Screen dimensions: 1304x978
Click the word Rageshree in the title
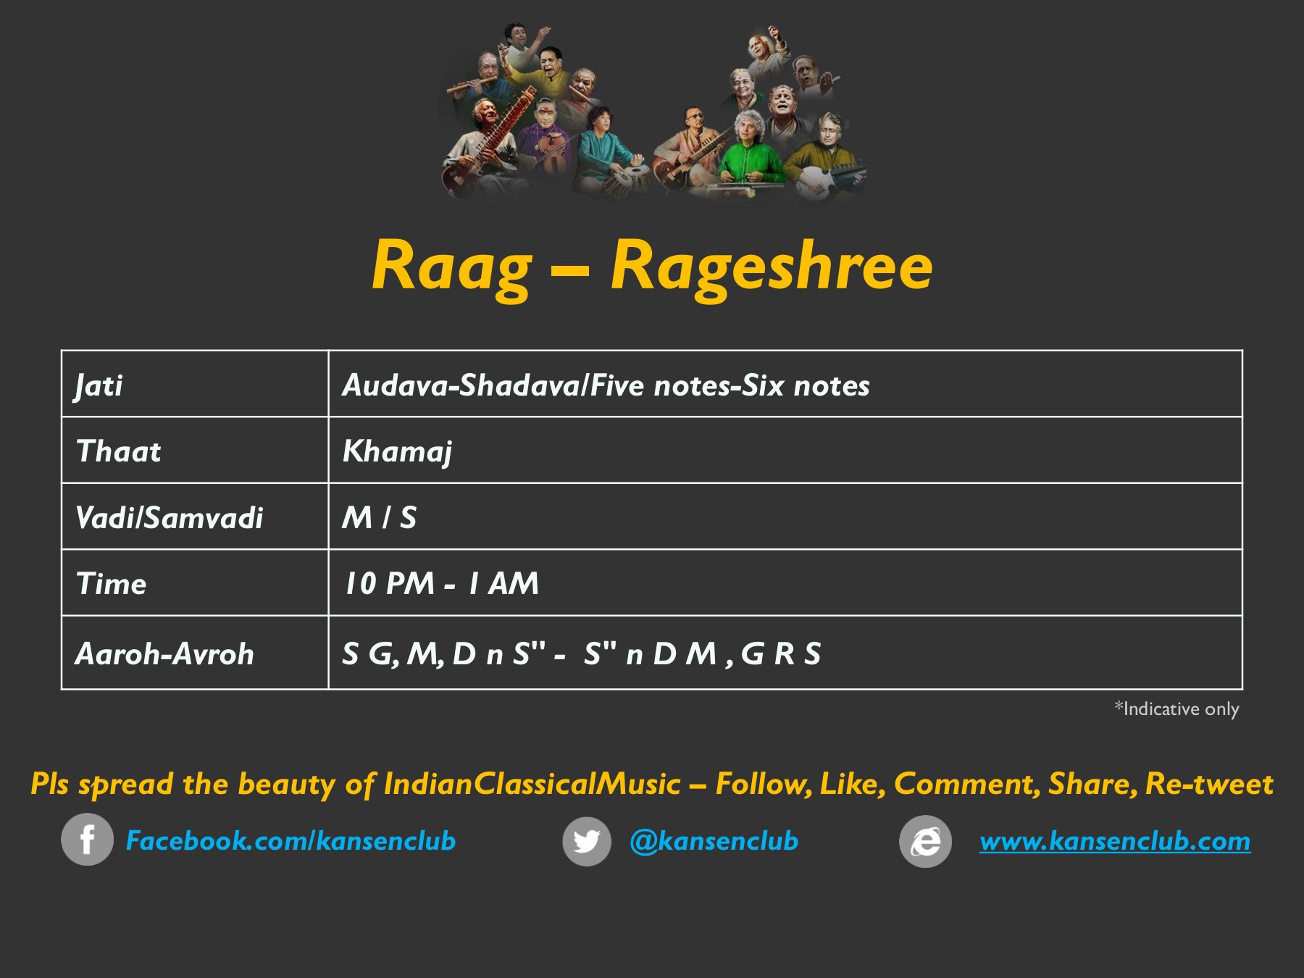[x=772, y=267]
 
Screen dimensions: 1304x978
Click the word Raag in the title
[x=452, y=267]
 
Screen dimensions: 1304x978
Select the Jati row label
[x=99, y=385]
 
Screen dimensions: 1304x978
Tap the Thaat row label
[x=119, y=451]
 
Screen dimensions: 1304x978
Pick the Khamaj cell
[x=398, y=452]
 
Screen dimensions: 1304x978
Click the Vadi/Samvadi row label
[x=170, y=518]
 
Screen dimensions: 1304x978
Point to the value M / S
[x=380, y=518]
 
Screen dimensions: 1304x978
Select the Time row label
[x=112, y=584]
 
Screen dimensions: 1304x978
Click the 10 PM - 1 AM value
[x=441, y=584]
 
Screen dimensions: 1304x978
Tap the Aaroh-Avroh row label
[x=165, y=654]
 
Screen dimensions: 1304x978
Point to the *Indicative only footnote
[x=1176, y=709]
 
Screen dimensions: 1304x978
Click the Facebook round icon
[x=87, y=840]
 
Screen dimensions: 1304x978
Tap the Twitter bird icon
[x=587, y=841]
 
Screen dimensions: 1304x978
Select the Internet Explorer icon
[x=925, y=841]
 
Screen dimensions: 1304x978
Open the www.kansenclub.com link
[x=1115, y=841]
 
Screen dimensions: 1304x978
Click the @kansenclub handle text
[x=714, y=841]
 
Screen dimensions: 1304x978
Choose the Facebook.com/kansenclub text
[x=291, y=841]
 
